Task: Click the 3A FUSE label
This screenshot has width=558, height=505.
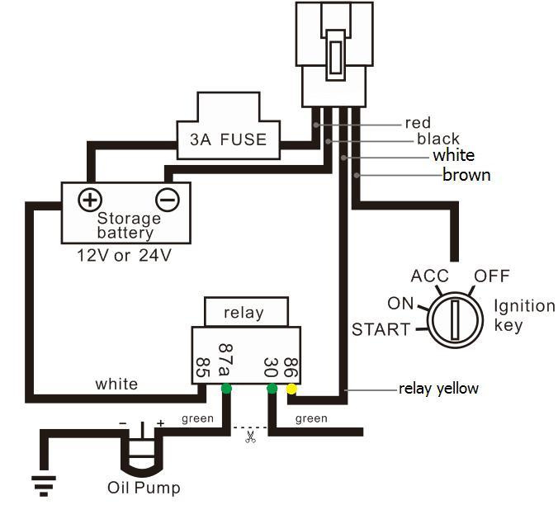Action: (228, 139)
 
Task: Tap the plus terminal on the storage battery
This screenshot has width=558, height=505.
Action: (90, 200)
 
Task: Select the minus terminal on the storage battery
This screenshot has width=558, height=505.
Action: (168, 200)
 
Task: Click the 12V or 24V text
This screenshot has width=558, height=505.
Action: (124, 255)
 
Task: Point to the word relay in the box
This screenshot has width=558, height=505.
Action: (244, 313)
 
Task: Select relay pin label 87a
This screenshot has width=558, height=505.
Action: (225, 359)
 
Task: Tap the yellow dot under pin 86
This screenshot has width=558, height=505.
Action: (291, 389)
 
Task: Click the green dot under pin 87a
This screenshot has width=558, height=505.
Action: (226, 389)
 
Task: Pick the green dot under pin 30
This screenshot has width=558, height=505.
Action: (272, 389)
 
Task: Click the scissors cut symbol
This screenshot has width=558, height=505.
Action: (250, 437)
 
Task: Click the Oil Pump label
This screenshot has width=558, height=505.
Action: (144, 488)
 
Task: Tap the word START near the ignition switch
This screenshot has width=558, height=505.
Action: (381, 330)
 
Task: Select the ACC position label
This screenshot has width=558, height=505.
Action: (430, 276)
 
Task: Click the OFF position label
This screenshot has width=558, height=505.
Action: (492, 276)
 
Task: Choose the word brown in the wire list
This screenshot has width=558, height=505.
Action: (466, 175)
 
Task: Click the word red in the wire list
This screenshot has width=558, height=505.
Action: (418, 123)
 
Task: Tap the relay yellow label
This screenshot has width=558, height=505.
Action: (438, 389)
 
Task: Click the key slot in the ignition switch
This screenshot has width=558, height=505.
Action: (455, 319)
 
